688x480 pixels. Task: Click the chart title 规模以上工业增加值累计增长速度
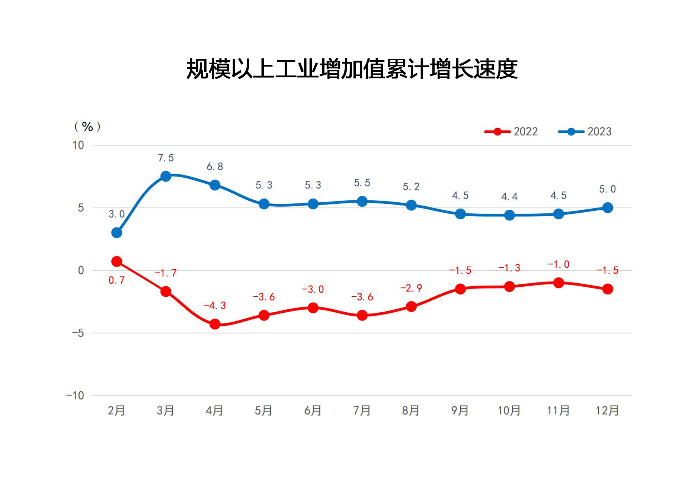(352, 69)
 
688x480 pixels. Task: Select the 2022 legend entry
(511, 132)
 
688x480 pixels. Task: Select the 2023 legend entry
(585, 132)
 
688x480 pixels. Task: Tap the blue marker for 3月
(166, 176)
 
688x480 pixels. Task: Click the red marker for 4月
(215, 324)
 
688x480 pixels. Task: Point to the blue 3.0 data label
(116, 214)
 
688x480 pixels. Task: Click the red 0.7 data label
(116, 280)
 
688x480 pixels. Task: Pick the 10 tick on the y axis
(78, 145)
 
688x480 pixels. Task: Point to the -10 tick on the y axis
(75, 396)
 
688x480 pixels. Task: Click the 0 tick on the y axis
(81, 271)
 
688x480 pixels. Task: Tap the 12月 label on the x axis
(607, 411)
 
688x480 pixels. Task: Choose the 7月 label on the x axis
(362, 411)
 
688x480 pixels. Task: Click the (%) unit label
(87, 127)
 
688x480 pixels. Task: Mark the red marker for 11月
(559, 283)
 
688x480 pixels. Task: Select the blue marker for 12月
(608, 208)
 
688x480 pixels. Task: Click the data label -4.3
(215, 306)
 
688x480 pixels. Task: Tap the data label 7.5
(166, 158)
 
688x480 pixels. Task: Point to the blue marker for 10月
(509, 215)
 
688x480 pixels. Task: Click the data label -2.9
(411, 288)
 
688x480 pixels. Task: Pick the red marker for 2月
(116, 262)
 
